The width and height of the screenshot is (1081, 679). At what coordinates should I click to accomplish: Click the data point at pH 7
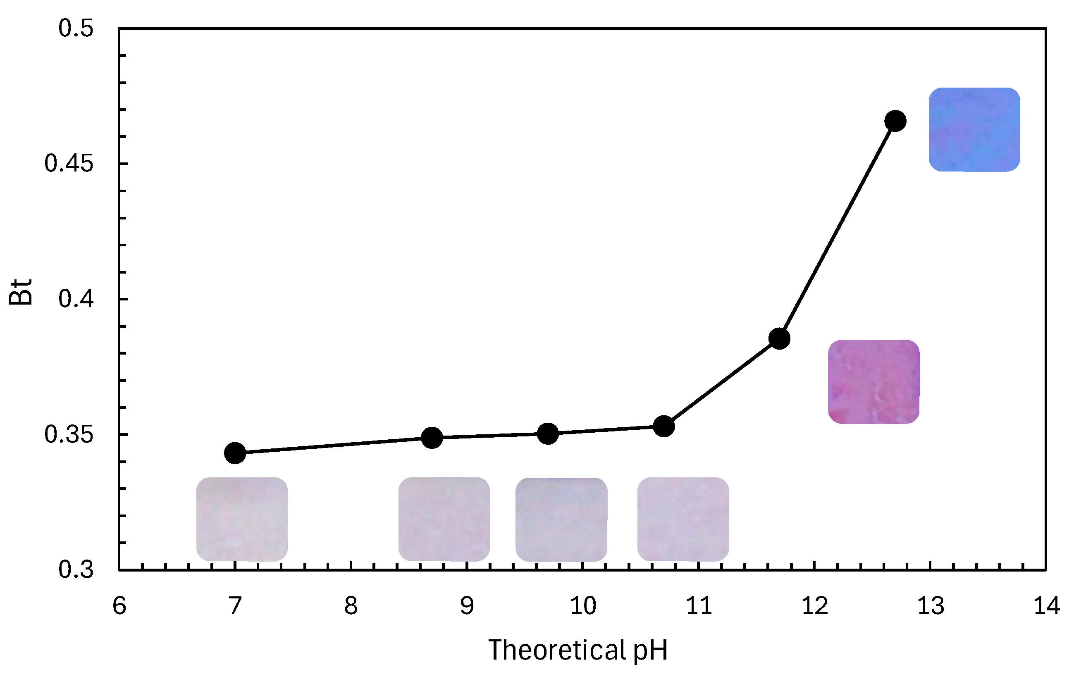click(x=235, y=453)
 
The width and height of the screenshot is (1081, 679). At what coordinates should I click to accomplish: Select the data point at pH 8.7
click(x=432, y=438)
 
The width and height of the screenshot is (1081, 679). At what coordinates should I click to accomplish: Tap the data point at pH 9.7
click(x=548, y=434)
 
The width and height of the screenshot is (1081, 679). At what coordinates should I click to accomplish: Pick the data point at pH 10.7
click(x=664, y=426)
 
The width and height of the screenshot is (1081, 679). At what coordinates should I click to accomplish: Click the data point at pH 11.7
click(x=779, y=338)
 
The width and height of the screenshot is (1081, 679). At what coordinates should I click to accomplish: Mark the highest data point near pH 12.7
click(x=895, y=121)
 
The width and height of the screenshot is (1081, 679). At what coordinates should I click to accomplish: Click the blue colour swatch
click(x=974, y=130)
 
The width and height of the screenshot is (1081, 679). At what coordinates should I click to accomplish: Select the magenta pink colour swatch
click(x=873, y=382)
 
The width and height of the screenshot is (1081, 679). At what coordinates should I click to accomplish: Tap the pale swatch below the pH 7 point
click(x=242, y=519)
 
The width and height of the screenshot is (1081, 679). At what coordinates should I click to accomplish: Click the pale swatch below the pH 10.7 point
click(x=683, y=519)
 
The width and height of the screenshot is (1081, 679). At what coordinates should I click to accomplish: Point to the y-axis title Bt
click(x=21, y=292)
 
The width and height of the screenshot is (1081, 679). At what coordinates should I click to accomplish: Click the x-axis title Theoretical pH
click(x=578, y=650)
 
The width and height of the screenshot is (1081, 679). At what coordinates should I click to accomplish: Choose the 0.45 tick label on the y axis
click(x=69, y=163)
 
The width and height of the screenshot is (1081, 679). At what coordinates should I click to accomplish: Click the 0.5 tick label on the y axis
click(x=76, y=28)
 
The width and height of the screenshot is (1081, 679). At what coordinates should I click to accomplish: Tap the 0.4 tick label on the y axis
click(x=76, y=299)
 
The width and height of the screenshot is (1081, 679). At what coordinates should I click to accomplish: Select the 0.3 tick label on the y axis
click(x=76, y=569)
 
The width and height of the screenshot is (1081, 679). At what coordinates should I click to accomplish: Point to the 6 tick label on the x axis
click(x=119, y=606)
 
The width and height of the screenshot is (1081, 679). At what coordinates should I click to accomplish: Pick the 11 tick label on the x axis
click(x=699, y=606)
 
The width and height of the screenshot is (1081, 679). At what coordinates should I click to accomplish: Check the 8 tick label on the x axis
click(x=351, y=606)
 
